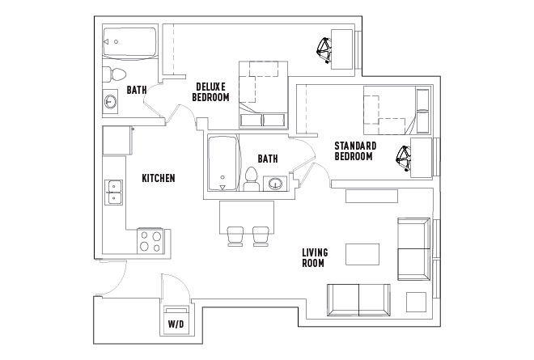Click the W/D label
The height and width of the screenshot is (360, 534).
(176, 325)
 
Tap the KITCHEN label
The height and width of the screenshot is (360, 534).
(159, 178)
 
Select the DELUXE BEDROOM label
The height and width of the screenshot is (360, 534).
(210, 91)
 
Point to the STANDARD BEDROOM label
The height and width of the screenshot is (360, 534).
(354, 150)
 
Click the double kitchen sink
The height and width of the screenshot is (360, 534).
(113, 192)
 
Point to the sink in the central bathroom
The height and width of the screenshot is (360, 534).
(277, 184)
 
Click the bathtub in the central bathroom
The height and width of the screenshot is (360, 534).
(222, 164)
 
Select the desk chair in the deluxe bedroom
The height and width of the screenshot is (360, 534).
(325, 50)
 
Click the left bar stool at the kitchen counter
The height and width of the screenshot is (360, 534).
(235, 235)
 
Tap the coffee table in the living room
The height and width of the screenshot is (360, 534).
(362, 254)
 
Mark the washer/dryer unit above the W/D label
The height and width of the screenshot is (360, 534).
(176, 311)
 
